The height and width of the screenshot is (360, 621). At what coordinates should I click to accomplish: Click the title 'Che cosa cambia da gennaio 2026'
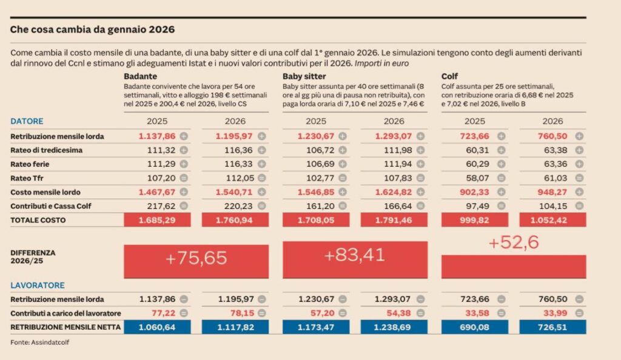click(92, 29)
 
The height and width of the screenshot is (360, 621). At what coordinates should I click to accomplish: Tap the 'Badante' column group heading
click(141, 76)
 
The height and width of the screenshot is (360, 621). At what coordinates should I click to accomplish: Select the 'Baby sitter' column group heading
click(304, 76)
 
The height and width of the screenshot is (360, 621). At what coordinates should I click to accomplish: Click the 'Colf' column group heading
click(449, 76)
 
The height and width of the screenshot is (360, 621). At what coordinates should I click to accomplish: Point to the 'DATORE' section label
click(27, 121)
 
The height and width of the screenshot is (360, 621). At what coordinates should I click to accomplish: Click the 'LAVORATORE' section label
click(38, 285)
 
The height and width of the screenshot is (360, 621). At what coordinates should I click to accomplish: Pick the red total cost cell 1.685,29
click(157, 220)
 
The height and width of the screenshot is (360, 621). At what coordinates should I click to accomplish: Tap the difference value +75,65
click(196, 258)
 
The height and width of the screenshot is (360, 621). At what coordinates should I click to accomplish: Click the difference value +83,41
click(355, 255)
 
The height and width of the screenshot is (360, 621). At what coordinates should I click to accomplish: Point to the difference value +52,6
click(513, 243)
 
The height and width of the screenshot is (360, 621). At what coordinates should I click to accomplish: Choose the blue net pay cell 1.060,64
click(157, 327)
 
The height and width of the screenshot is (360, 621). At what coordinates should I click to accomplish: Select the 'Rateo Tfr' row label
click(29, 178)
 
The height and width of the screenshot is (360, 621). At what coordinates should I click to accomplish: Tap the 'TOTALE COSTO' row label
click(38, 220)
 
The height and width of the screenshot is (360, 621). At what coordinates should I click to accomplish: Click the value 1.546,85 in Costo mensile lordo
click(315, 192)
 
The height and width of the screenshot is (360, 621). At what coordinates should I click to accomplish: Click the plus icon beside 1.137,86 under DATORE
click(184, 136)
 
